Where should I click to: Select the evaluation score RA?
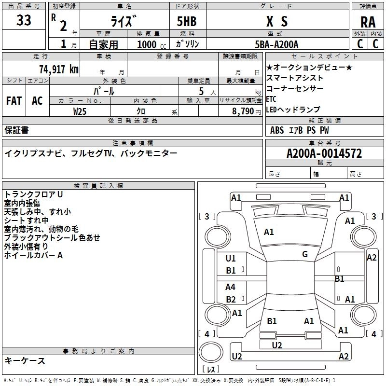pyautogui.click(x=368, y=22)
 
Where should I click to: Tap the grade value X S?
pyautogui.click(x=277, y=21)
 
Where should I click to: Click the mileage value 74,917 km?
pyautogui.click(x=58, y=69)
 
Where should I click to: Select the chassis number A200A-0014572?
pyautogui.click(x=324, y=154)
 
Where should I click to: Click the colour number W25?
pyautogui.click(x=80, y=111)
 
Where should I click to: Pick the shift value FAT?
pyautogui.click(x=14, y=101)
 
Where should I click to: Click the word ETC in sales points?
pyautogui.click(x=271, y=99)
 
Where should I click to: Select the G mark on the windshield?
pyautogui.click(x=305, y=254)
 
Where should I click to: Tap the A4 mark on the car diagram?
pyautogui.click(x=231, y=287)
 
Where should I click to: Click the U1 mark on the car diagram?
pyautogui.click(x=231, y=259)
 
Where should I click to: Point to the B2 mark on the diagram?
pyautogui.click(x=231, y=300)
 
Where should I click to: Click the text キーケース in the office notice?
pyautogui.click(x=25, y=360)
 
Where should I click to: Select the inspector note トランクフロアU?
pyautogui.click(x=33, y=194)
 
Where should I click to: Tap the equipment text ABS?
pyautogui.click(x=277, y=130)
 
